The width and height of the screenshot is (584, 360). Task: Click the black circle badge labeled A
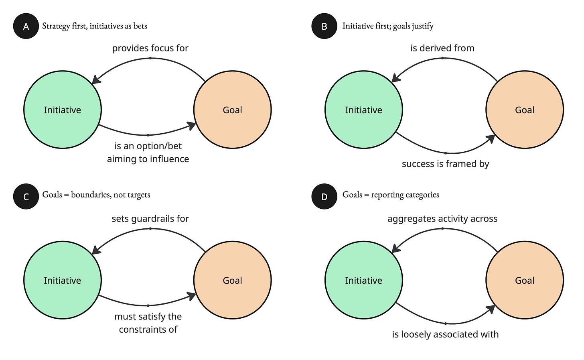point(26,26)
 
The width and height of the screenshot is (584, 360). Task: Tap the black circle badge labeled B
point(324,26)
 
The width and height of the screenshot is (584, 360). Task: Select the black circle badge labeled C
point(26,197)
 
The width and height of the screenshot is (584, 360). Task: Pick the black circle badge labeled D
point(324,197)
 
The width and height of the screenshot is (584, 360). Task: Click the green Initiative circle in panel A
point(63,110)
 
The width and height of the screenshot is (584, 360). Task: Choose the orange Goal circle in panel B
point(525,110)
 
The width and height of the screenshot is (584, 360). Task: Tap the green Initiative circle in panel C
point(63,280)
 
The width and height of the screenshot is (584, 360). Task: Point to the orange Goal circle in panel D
point(525,280)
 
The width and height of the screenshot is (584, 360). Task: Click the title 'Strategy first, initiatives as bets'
point(95,26)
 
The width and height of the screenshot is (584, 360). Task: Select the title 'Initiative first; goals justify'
point(388,26)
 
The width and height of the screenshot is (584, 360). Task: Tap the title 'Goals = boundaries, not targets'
point(96,195)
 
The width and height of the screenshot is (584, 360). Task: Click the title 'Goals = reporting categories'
point(391,195)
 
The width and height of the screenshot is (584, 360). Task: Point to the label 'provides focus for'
point(150,48)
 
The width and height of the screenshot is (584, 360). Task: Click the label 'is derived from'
point(442,48)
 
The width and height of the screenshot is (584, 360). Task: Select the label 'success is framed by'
point(445,164)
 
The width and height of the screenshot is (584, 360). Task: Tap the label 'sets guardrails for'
point(150,219)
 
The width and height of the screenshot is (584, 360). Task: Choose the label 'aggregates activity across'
point(442,219)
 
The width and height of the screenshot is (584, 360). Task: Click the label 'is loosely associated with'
point(445,334)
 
